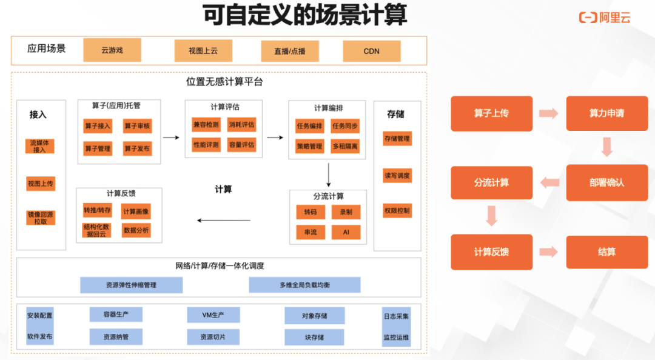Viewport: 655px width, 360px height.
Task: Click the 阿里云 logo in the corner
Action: [x=605, y=18]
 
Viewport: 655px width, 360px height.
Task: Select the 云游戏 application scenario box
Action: [x=112, y=50]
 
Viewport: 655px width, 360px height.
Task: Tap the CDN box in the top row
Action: [x=372, y=51]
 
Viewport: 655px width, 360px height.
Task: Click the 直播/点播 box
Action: [x=290, y=51]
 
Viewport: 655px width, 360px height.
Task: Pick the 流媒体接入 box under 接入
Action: [x=40, y=146]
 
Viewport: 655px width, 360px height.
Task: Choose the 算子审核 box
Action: [x=137, y=126]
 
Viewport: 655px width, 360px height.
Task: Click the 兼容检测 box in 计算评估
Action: [x=206, y=124]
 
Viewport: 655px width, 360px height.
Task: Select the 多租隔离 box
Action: [x=345, y=146]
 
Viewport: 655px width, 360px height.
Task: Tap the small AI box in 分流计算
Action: [x=346, y=232]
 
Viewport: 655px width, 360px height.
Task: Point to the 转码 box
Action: [x=311, y=212]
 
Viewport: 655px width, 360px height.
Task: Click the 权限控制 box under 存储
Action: [x=397, y=211]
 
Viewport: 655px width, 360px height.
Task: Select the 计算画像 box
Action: [x=136, y=212]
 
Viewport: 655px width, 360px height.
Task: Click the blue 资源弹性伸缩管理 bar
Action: [x=131, y=285]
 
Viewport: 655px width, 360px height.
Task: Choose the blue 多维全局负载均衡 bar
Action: [x=304, y=285]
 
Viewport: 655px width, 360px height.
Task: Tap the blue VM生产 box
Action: [x=213, y=315]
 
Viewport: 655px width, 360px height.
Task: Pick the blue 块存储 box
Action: [x=314, y=337]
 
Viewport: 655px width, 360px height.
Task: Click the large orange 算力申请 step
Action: [x=606, y=113]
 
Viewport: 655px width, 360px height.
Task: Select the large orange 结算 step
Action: [x=606, y=252]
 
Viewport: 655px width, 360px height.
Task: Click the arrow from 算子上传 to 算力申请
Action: [x=549, y=113]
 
